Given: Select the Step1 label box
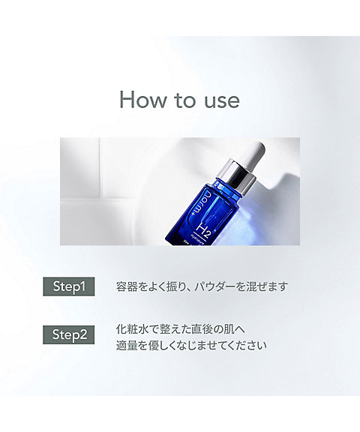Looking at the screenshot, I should [x=69, y=286].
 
